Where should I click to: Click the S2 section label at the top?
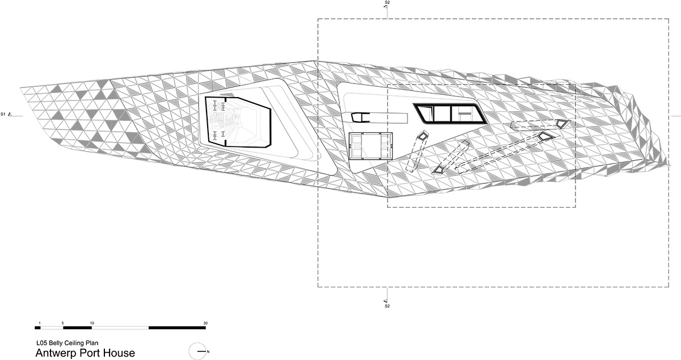tap(387, 2)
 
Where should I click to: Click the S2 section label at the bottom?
tap(387, 306)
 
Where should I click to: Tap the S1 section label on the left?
tap(3, 114)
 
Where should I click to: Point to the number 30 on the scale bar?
tap(205, 323)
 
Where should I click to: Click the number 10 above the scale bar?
tap(92, 323)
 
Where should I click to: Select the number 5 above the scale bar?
tap(63, 323)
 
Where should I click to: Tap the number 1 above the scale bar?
tap(40, 323)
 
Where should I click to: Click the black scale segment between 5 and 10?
tap(78, 328)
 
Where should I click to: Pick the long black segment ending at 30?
tap(177, 328)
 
